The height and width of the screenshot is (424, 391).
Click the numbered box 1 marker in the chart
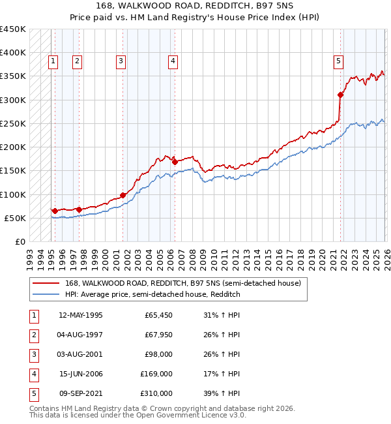pos(53,61)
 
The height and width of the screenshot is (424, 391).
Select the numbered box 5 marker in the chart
pos(338,61)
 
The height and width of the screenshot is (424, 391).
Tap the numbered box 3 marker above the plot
pos(121,61)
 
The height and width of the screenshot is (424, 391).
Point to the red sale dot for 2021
pos(340,95)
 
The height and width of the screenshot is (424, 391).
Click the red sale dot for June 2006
pos(175,162)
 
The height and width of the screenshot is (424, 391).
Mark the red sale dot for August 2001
pos(123,195)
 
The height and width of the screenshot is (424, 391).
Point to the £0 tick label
pos(20,241)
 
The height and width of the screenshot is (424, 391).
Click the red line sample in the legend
pos(45,284)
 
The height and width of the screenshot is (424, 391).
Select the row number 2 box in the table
pos(33,335)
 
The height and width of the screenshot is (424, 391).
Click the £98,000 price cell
pos(158,354)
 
